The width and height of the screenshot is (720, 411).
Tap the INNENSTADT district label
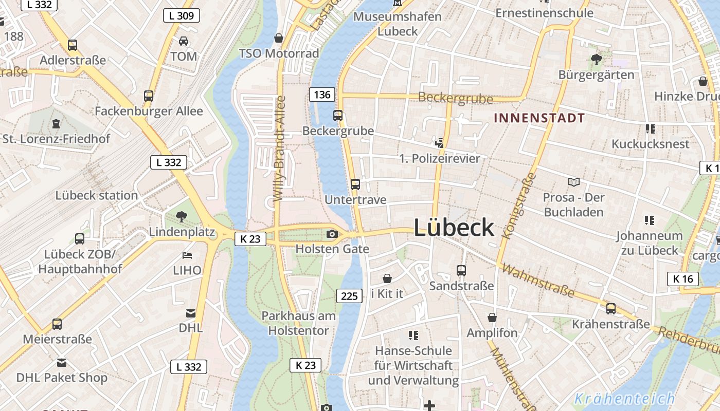coord(539,118)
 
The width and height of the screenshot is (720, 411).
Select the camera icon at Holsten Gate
coord(332,234)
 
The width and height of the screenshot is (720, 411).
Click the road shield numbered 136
coord(322,95)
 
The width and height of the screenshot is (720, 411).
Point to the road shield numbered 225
coord(349,295)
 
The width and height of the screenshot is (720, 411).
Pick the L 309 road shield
coord(181,15)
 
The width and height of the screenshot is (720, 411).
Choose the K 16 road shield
coord(683,279)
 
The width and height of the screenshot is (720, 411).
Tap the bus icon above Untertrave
coord(355,184)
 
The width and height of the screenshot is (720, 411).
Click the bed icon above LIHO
coord(187,255)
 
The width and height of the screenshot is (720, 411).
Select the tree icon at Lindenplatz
coord(181,217)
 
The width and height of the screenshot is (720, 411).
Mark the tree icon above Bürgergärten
coord(597,59)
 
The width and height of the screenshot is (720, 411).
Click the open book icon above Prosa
coord(574,182)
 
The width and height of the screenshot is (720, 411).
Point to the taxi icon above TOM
coord(184,41)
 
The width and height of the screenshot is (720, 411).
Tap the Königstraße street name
coord(517,206)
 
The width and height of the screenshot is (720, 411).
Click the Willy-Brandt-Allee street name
coord(279,149)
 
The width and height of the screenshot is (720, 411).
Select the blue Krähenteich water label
coord(624,398)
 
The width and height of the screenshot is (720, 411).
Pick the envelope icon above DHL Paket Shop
coord(62,363)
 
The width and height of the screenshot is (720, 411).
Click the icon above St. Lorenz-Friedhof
coord(56,123)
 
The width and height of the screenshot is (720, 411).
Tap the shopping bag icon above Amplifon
coord(492,317)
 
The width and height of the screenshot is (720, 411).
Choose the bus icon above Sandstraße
coord(461,270)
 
